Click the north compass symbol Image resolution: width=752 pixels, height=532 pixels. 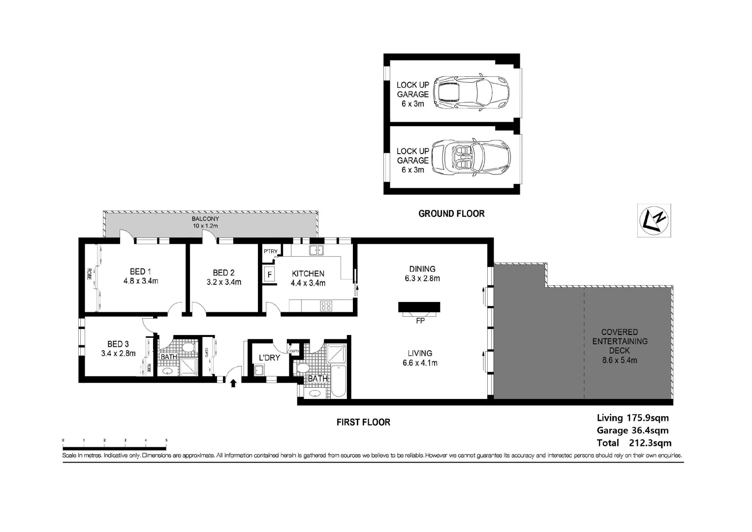[654, 220]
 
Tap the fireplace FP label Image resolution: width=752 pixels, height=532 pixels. [420, 321]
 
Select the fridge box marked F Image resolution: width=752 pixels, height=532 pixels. [269, 274]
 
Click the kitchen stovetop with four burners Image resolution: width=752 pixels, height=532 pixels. [326, 306]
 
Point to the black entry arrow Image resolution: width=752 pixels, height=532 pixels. [233, 383]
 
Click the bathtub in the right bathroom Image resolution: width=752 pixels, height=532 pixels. [339, 381]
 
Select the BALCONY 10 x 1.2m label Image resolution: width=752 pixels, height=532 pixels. [205, 222]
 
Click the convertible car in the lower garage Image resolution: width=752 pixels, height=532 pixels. [470, 157]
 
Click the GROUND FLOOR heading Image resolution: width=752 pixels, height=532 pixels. [451, 214]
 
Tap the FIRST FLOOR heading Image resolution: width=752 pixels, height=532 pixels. [363, 422]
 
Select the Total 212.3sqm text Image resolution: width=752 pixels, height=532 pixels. [634, 443]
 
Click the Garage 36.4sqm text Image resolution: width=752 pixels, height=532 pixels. [632, 431]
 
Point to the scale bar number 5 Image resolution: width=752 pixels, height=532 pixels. [166, 440]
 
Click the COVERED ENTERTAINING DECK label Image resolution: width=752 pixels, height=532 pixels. [619, 341]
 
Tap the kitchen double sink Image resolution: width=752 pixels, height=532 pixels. [316, 250]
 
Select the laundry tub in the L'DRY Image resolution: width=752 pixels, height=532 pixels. [259, 370]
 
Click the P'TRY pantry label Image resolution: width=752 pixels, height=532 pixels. [270, 251]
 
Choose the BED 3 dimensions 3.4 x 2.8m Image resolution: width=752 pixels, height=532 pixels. [118, 353]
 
